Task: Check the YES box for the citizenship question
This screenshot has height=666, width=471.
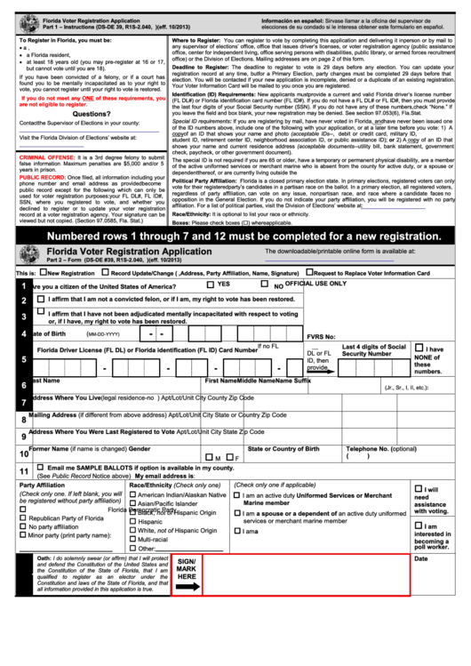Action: coord(211,285)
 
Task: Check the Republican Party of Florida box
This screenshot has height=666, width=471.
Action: coord(23,517)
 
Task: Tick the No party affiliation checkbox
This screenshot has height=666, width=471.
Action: coord(23,526)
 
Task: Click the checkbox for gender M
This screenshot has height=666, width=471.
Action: coord(207,457)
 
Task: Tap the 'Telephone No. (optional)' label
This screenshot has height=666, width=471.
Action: coord(380,449)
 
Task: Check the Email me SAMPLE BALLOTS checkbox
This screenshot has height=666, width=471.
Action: coord(40,468)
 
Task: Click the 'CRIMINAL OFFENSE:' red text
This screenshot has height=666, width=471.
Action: coord(46,156)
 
